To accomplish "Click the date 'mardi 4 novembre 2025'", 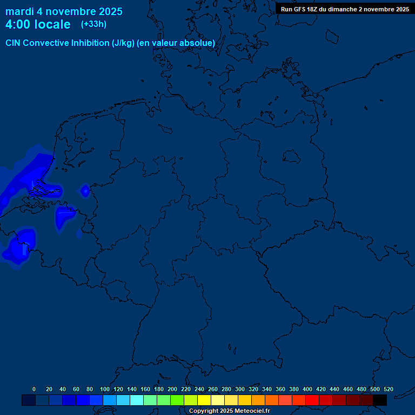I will point(64,11).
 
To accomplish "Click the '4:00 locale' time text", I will point(38,24).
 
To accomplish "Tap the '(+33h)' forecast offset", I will point(93,24).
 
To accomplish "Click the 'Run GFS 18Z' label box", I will point(345,9).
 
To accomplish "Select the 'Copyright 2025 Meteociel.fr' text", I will point(229,411).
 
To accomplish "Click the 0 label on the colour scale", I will point(34,390).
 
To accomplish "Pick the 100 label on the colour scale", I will point(105,390).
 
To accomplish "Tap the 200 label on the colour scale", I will point(172,390).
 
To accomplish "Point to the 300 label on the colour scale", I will point(240,390).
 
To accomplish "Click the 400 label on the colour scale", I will point(307,390).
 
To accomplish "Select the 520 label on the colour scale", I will point(389,390).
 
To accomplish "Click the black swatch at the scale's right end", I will point(380,400).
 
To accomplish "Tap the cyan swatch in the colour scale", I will point(137,400).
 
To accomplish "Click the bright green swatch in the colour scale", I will point(177,400).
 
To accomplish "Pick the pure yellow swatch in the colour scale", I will point(204,400).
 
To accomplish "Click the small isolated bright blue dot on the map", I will point(85,190).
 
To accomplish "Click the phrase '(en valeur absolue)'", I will point(176,43).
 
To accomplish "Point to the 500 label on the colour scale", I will point(375,390).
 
